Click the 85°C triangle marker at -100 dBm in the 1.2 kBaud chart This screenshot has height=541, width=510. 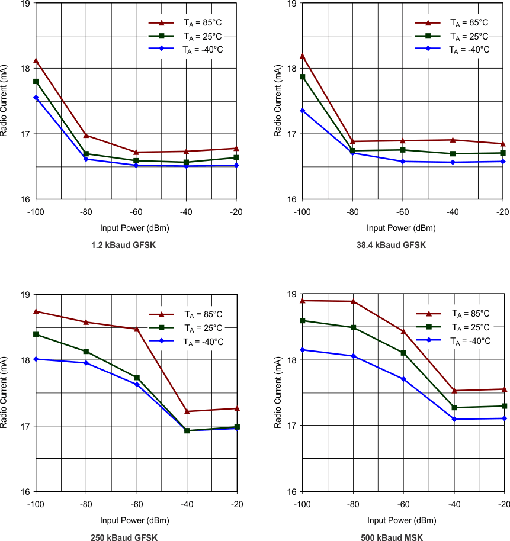(36, 60)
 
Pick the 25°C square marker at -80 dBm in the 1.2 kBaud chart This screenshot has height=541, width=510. (86, 154)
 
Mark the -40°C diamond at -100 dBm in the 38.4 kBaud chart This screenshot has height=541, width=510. (302, 111)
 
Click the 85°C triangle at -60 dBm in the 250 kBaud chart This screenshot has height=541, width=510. (137, 329)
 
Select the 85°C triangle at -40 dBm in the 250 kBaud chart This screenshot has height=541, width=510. (187, 411)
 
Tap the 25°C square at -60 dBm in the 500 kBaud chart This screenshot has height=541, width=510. (403, 353)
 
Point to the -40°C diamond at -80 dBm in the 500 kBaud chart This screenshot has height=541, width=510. (353, 356)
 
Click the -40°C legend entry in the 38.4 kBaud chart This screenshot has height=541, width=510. (453, 50)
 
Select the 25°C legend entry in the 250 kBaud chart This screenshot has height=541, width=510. (186, 328)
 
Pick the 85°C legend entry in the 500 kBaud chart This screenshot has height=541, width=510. (453, 314)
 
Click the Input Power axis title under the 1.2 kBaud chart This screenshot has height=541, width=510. (134, 228)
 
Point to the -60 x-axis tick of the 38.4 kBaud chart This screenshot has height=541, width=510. (402, 212)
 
